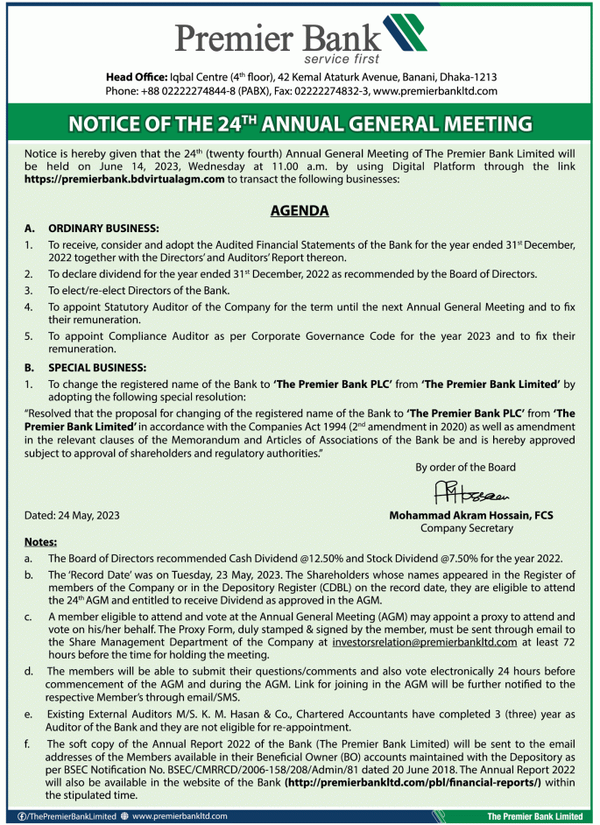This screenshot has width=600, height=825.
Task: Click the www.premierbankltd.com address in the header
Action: coord(435,90)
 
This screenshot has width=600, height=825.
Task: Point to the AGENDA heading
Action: coord(300,211)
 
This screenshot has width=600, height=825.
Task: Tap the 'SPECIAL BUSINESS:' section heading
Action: coord(97,367)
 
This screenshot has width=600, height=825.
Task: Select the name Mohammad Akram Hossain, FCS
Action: coord(471,516)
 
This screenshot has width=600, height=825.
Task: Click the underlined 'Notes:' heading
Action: coord(40,541)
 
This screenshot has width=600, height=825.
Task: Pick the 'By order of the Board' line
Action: coord(465,467)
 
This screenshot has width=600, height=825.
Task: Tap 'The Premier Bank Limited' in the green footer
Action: coord(534,816)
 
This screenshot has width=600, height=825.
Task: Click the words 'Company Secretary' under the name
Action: coord(466,528)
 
